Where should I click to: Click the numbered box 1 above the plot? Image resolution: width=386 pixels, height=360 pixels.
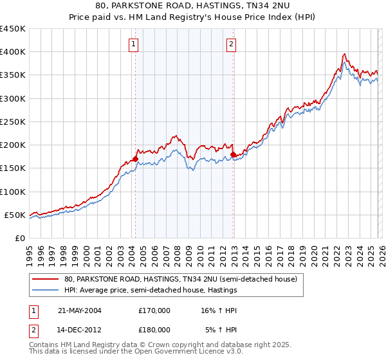click(x=133, y=44)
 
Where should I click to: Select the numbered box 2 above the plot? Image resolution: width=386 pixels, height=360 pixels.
click(x=231, y=44)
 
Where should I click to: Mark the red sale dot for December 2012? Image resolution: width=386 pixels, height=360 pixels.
click(x=233, y=154)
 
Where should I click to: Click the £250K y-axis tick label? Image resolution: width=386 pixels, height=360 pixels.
click(x=13, y=122)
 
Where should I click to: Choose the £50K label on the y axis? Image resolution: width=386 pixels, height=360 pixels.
click(x=15, y=215)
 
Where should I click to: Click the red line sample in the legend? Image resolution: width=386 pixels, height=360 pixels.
click(x=46, y=280)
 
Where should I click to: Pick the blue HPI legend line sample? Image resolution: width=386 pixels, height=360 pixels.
click(x=46, y=291)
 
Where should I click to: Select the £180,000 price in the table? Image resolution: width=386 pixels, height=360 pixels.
click(x=154, y=329)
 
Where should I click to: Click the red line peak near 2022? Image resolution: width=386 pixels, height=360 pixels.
click(x=345, y=54)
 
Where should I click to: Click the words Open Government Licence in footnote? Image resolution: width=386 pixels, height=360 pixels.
click(x=179, y=354)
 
